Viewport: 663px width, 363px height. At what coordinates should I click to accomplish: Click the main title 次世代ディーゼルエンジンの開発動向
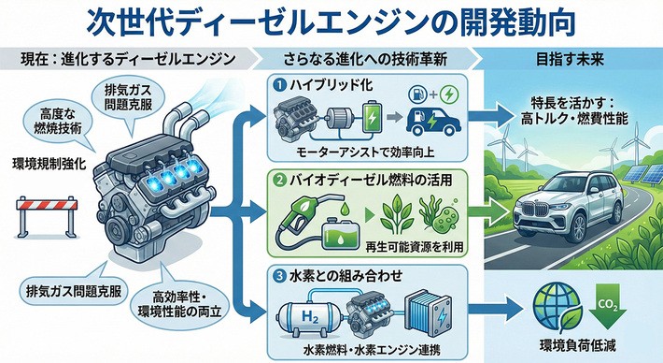tap(331, 21)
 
